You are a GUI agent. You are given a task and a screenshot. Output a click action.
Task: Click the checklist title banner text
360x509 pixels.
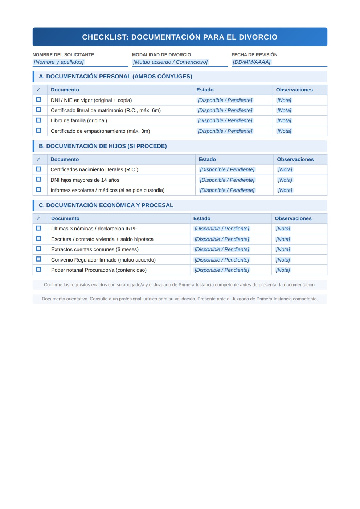tap(180, 37)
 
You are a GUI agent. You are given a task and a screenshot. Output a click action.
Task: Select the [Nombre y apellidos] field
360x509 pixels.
tap(59, 62)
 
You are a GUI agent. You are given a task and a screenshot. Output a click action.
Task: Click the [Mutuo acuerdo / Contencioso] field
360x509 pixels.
tap(170, 62)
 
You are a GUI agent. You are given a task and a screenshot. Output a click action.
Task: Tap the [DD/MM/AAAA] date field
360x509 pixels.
tap(251, 62)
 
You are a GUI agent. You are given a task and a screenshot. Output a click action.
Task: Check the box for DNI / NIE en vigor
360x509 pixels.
tap(39, 100)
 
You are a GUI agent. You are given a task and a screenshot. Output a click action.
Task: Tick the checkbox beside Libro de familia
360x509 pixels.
tap(39, 120)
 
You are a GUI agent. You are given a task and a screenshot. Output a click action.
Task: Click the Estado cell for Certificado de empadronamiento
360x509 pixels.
tap(225, 131)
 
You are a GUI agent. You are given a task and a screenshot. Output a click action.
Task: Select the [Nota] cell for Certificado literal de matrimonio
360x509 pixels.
tap(284, 110)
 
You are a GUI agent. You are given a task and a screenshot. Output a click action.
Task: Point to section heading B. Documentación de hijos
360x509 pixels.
tap(103, 146)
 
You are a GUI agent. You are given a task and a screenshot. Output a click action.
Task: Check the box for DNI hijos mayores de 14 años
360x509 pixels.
tap(39, 180)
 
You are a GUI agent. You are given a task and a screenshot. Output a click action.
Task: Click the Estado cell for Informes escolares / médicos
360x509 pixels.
tap(227, 190)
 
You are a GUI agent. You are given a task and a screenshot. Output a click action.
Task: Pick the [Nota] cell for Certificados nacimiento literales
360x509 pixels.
tap(285, 169)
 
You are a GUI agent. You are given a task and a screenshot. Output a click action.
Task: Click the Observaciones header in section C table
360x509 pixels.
tap(293, 218)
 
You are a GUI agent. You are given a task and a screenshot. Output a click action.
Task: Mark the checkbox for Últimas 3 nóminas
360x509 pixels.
tap(39, 228)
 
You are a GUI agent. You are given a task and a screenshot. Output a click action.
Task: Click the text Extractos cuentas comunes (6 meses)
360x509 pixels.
tap(95, 249)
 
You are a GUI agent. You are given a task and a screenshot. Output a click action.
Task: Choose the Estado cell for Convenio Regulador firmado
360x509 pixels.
tap(222, 260)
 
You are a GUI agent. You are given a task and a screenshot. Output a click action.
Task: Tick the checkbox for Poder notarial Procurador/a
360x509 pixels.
tap(39, 270)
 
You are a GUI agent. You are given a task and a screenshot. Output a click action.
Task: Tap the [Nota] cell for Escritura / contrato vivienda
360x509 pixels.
tap(283, 239)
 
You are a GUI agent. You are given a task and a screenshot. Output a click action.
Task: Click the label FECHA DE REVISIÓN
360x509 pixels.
tap(254, 55)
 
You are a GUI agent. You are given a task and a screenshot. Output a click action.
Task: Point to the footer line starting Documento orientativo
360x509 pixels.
tap(180, 299)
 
